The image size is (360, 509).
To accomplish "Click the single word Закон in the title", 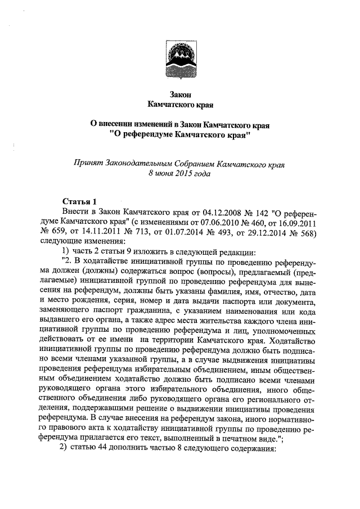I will tap(180, 94).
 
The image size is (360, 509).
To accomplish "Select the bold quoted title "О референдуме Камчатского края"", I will tap(180, 135).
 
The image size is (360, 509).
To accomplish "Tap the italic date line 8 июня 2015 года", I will tap(180, 174).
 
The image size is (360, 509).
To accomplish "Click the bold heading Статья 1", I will tap(80, 201).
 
